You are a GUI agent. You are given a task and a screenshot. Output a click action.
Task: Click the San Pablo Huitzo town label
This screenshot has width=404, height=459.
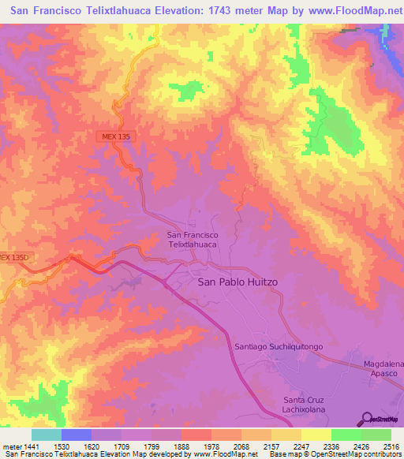tap(237, 282)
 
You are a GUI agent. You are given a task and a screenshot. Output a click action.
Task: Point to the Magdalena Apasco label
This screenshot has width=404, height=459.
tap(383, 368)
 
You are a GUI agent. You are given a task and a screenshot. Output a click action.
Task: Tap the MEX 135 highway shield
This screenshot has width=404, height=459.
tap(115, 136)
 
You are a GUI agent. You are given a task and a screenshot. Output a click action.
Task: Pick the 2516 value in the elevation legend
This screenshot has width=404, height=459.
tap(391, 446)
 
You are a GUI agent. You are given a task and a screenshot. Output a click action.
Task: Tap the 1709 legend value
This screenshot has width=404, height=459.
tap(120, 446)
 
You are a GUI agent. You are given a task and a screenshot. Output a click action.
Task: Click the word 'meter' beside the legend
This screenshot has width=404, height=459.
tap(10, 446)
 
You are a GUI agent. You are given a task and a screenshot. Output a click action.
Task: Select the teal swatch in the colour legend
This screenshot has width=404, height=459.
tap(47, 435)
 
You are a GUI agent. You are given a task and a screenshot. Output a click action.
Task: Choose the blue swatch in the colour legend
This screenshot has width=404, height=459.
tap(77, 435)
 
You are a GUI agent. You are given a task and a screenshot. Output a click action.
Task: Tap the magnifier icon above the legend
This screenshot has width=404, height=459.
tap(368, 418)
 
